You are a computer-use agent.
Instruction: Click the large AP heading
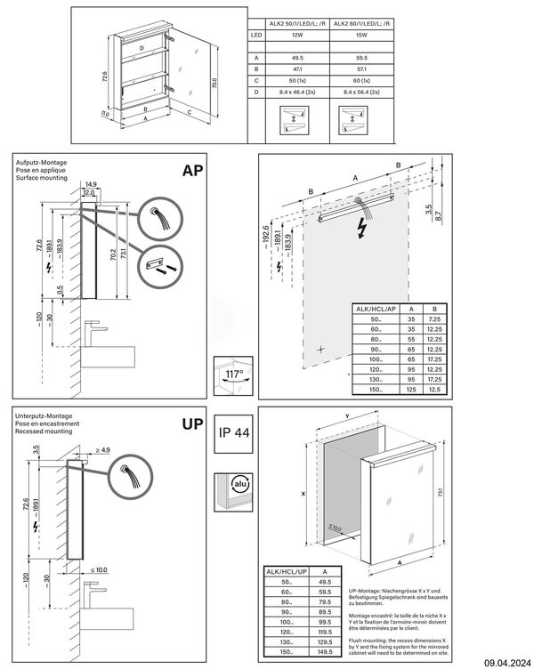click(194, 171)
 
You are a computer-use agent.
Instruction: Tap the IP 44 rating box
click(236, 435)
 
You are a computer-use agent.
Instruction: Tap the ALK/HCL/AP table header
click(376, 309)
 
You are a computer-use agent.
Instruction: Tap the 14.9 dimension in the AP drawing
click(93, 184)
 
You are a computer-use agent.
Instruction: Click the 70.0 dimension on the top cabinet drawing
click(214, 81)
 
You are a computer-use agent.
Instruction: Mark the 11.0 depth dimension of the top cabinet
click(104, 114)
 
